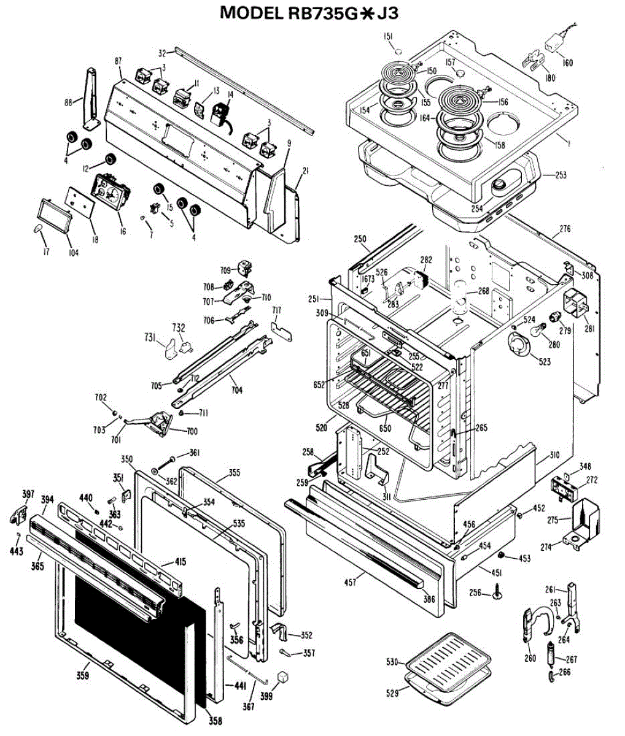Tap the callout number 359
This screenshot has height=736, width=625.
[x=83, y=676]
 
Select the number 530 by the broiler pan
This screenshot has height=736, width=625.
[x=392, y=662]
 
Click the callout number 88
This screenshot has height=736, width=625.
[x=68, y=102]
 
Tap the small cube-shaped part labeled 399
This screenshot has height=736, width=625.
[x=283, y=676]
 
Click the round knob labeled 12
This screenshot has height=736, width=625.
[x=111, y=159]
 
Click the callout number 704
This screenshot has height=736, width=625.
[x=236, y=389]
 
